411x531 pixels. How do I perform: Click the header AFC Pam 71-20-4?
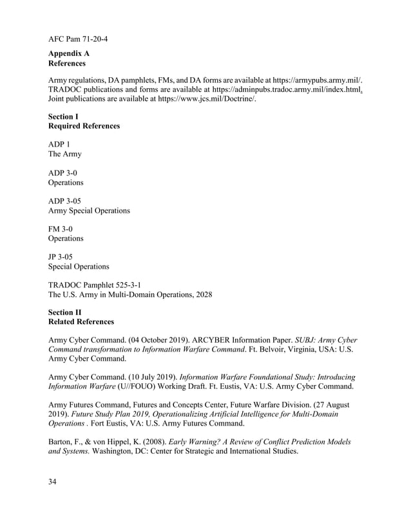click(x=78, y=39)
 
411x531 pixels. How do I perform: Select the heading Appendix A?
click(x=69, y=54)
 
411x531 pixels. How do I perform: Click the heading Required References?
click(x=84, y=127)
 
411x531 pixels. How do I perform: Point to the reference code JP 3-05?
click(x=62, y=257)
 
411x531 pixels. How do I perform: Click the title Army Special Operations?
click(x=90, y=211)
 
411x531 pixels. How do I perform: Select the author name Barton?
click(x=62, y=442)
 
